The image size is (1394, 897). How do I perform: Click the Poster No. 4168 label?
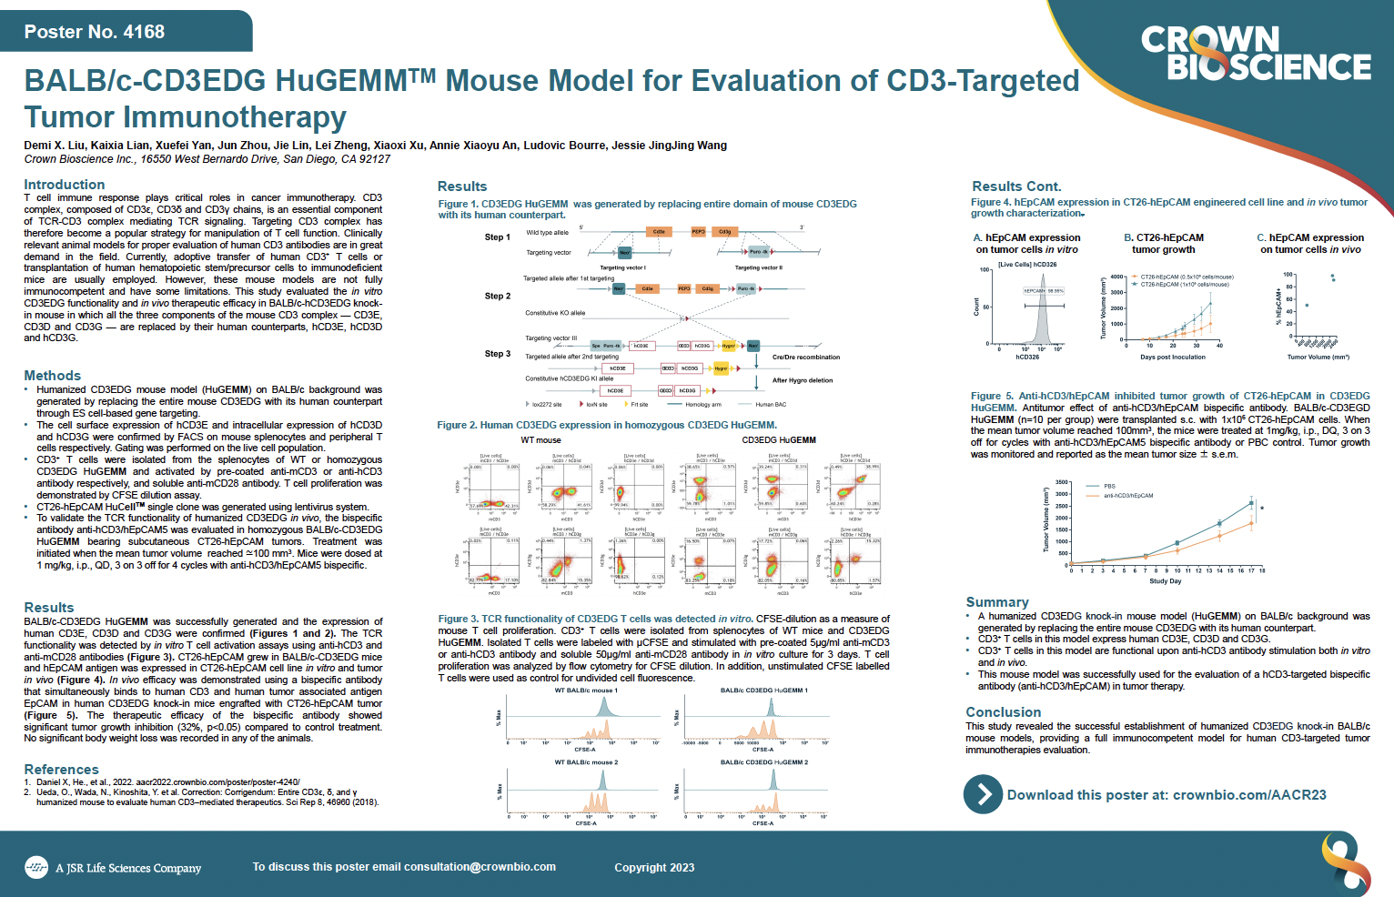pyautogui.click(x=95, y=32)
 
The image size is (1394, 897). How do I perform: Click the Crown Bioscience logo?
pyautogui.click(x=1256, y=53)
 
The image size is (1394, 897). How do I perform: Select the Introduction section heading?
pyautogui.click(x=64, y=185)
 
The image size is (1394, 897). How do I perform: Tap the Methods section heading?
pyautogui.click(x=52, y=376)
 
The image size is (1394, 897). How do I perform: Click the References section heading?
pyautogui.click(x=61, y=770)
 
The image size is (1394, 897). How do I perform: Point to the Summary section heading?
pyautogui.click(x=997, y=602)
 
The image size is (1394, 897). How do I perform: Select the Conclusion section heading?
pyautogui.click(x=1003, y=712)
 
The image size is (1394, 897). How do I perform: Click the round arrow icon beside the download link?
pyautogui.click(x=983, y=794)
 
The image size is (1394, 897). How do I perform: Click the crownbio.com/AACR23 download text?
pyautogui.click(x=1166, y=795)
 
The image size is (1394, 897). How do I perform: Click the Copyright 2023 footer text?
pyautogui.click(x=654, y=868)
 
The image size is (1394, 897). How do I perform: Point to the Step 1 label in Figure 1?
pyautogui.click(x=498, y=237)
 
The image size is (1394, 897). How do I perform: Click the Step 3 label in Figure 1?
pyautogui.click(x=498, y=354)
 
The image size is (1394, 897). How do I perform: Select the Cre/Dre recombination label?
pyautogui.click(x=806, y=358)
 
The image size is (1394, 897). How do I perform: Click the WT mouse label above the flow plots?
pyautogui.click(x=540, y=440)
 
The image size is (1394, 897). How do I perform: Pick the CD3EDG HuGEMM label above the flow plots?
pyautogui.click(x=779, y=440)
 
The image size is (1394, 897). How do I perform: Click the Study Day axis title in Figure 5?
pyautogui.click(x=1165, y=581)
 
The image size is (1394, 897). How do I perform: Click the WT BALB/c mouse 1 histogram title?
pyautogui.click(x=586, y=690)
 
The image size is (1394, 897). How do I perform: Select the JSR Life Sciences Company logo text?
pyautogui.click(x=127, y=868)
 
